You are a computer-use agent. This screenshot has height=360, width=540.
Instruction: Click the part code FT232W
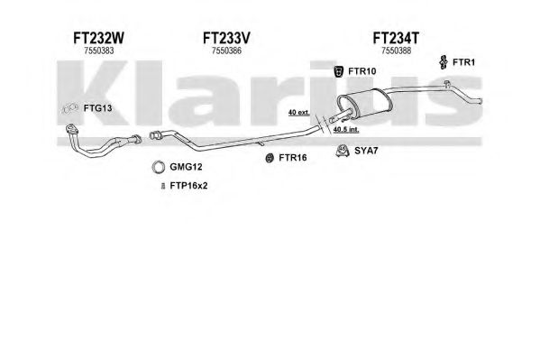[98, 38]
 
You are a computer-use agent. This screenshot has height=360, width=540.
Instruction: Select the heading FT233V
[226, 38]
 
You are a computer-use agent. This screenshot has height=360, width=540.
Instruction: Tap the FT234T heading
[396, 38]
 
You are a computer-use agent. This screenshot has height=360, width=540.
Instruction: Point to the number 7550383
[99, 51]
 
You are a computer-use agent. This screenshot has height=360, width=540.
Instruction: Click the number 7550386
[226, 51]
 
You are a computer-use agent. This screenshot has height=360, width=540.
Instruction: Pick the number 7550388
[396, 51]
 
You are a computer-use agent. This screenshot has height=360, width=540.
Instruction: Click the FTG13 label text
[97, 108]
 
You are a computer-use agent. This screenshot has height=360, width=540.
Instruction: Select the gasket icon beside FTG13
[70, 108]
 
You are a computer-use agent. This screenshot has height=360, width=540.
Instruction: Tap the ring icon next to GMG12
[158, 167]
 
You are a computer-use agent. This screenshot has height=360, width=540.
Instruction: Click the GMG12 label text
[186, 167]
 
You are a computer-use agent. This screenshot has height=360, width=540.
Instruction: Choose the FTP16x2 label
[188, 186]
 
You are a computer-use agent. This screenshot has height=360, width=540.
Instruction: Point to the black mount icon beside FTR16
[270, 158]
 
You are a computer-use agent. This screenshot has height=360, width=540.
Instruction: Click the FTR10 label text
[362, 71]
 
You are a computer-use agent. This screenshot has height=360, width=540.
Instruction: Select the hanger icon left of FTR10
[339, 71]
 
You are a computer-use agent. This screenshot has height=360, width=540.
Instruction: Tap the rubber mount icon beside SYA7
[343, 151]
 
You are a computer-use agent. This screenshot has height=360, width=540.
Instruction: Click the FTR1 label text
[463, 62]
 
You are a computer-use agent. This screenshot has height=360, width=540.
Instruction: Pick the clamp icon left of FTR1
[444, 62]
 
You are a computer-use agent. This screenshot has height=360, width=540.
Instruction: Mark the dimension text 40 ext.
[299, 113]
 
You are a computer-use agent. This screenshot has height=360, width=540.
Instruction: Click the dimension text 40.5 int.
[346, 130]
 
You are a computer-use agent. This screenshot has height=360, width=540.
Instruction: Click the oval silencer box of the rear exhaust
[364, 103]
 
